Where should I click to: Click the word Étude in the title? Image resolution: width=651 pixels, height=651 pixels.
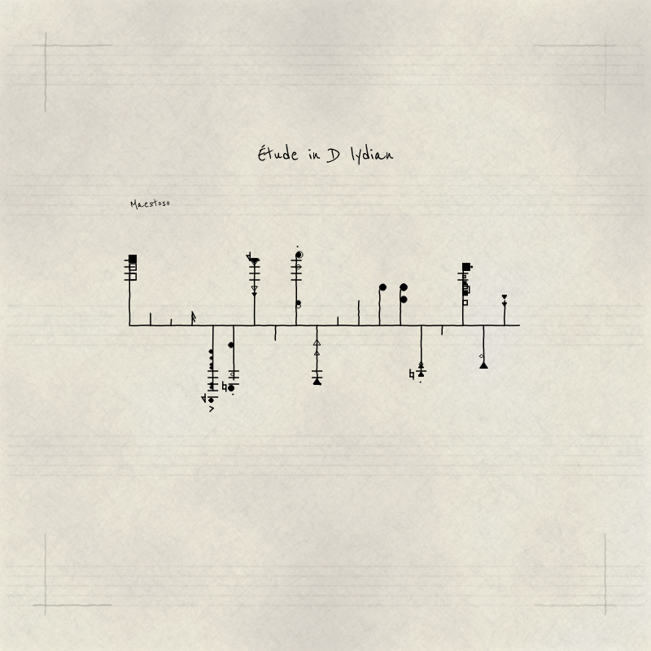click(x=277, y=154)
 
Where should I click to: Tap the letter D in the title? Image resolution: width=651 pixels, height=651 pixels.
click(x=333, y=155)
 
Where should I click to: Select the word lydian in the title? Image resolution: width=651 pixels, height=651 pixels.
click(x=372, y=155)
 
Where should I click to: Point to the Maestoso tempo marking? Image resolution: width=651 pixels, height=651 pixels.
click(x=150, y=204)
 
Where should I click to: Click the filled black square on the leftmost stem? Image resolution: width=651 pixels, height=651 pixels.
click(x=133, y=259)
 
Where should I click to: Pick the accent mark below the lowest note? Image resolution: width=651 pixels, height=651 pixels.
click(x=212, y=409)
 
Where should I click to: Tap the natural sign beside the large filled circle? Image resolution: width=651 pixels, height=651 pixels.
click(x=225, y=387)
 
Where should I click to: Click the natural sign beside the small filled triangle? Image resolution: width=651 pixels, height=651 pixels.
click(x=412, y=374)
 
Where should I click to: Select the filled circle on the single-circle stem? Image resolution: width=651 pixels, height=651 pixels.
click(x=382, y=287)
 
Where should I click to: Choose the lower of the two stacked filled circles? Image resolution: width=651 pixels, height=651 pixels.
click(x=404, y=299)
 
